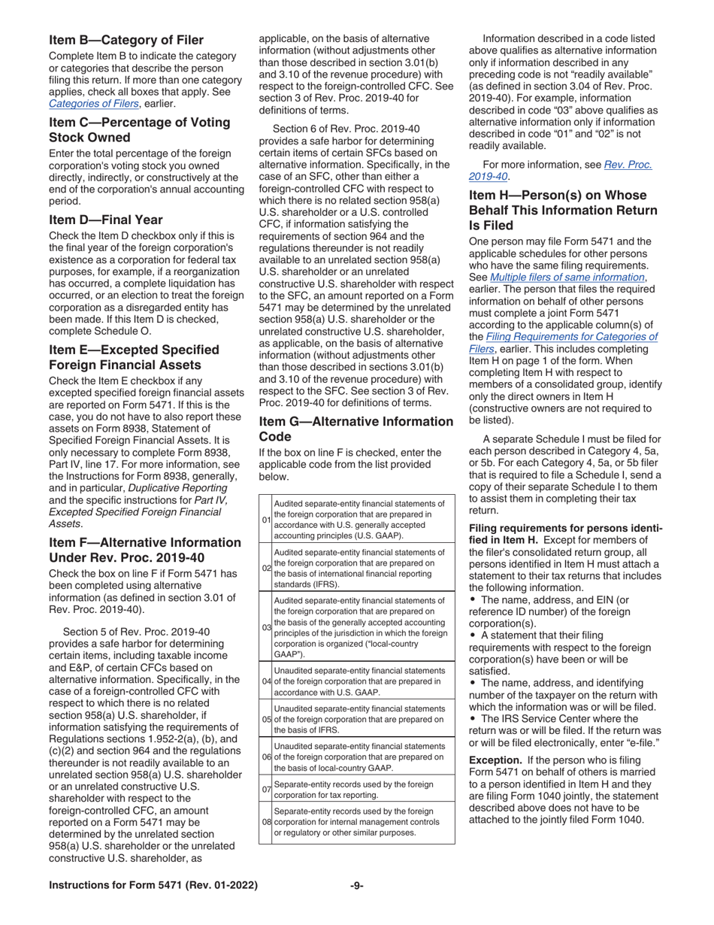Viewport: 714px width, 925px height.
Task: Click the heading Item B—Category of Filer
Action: (126, 40)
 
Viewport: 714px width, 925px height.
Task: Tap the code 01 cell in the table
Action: (266, 520)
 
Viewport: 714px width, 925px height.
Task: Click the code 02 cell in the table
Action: (266, 568)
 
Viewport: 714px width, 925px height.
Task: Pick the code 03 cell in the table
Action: (266, 626)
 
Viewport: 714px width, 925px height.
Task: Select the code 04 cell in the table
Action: (266, 681)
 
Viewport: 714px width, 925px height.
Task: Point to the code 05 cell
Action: (266, 719)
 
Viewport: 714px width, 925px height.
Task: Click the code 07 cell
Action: (266, 789)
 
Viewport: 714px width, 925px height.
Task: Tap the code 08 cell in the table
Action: (266, 822)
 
